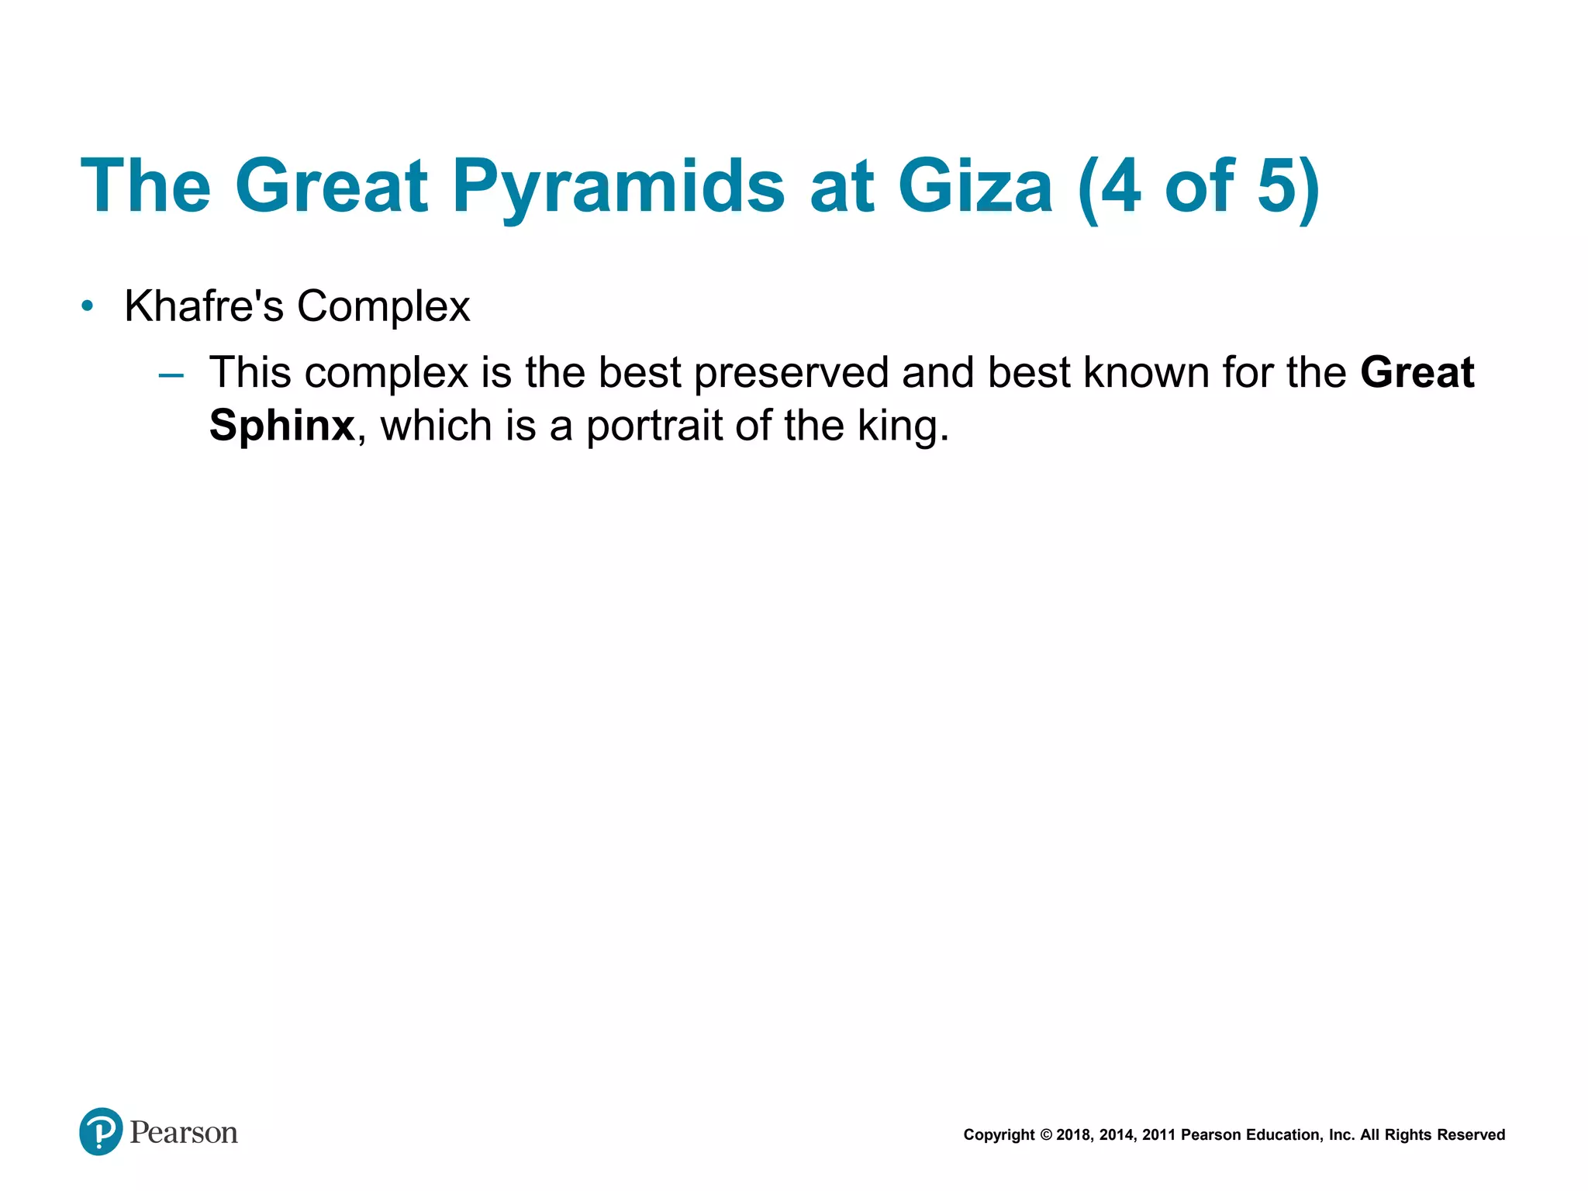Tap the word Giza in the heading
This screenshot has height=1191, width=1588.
[975, 186]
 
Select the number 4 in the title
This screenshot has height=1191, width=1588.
[1120, 186]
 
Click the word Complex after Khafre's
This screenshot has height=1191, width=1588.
[383, 306]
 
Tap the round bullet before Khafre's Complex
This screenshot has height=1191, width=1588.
[88, 306]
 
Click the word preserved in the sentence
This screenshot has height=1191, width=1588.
[791, 373]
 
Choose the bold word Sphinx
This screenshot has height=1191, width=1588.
[282, 426]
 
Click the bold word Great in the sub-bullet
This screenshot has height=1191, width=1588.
[1417, 373]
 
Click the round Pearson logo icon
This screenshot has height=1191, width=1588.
[101, 1131]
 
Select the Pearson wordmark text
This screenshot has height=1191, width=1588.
[184, 1133]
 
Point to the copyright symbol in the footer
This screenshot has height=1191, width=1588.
[1046, 1135]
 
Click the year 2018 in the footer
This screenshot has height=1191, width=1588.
[1073, 1135]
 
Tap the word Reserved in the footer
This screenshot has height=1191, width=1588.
[1471, 1135]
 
